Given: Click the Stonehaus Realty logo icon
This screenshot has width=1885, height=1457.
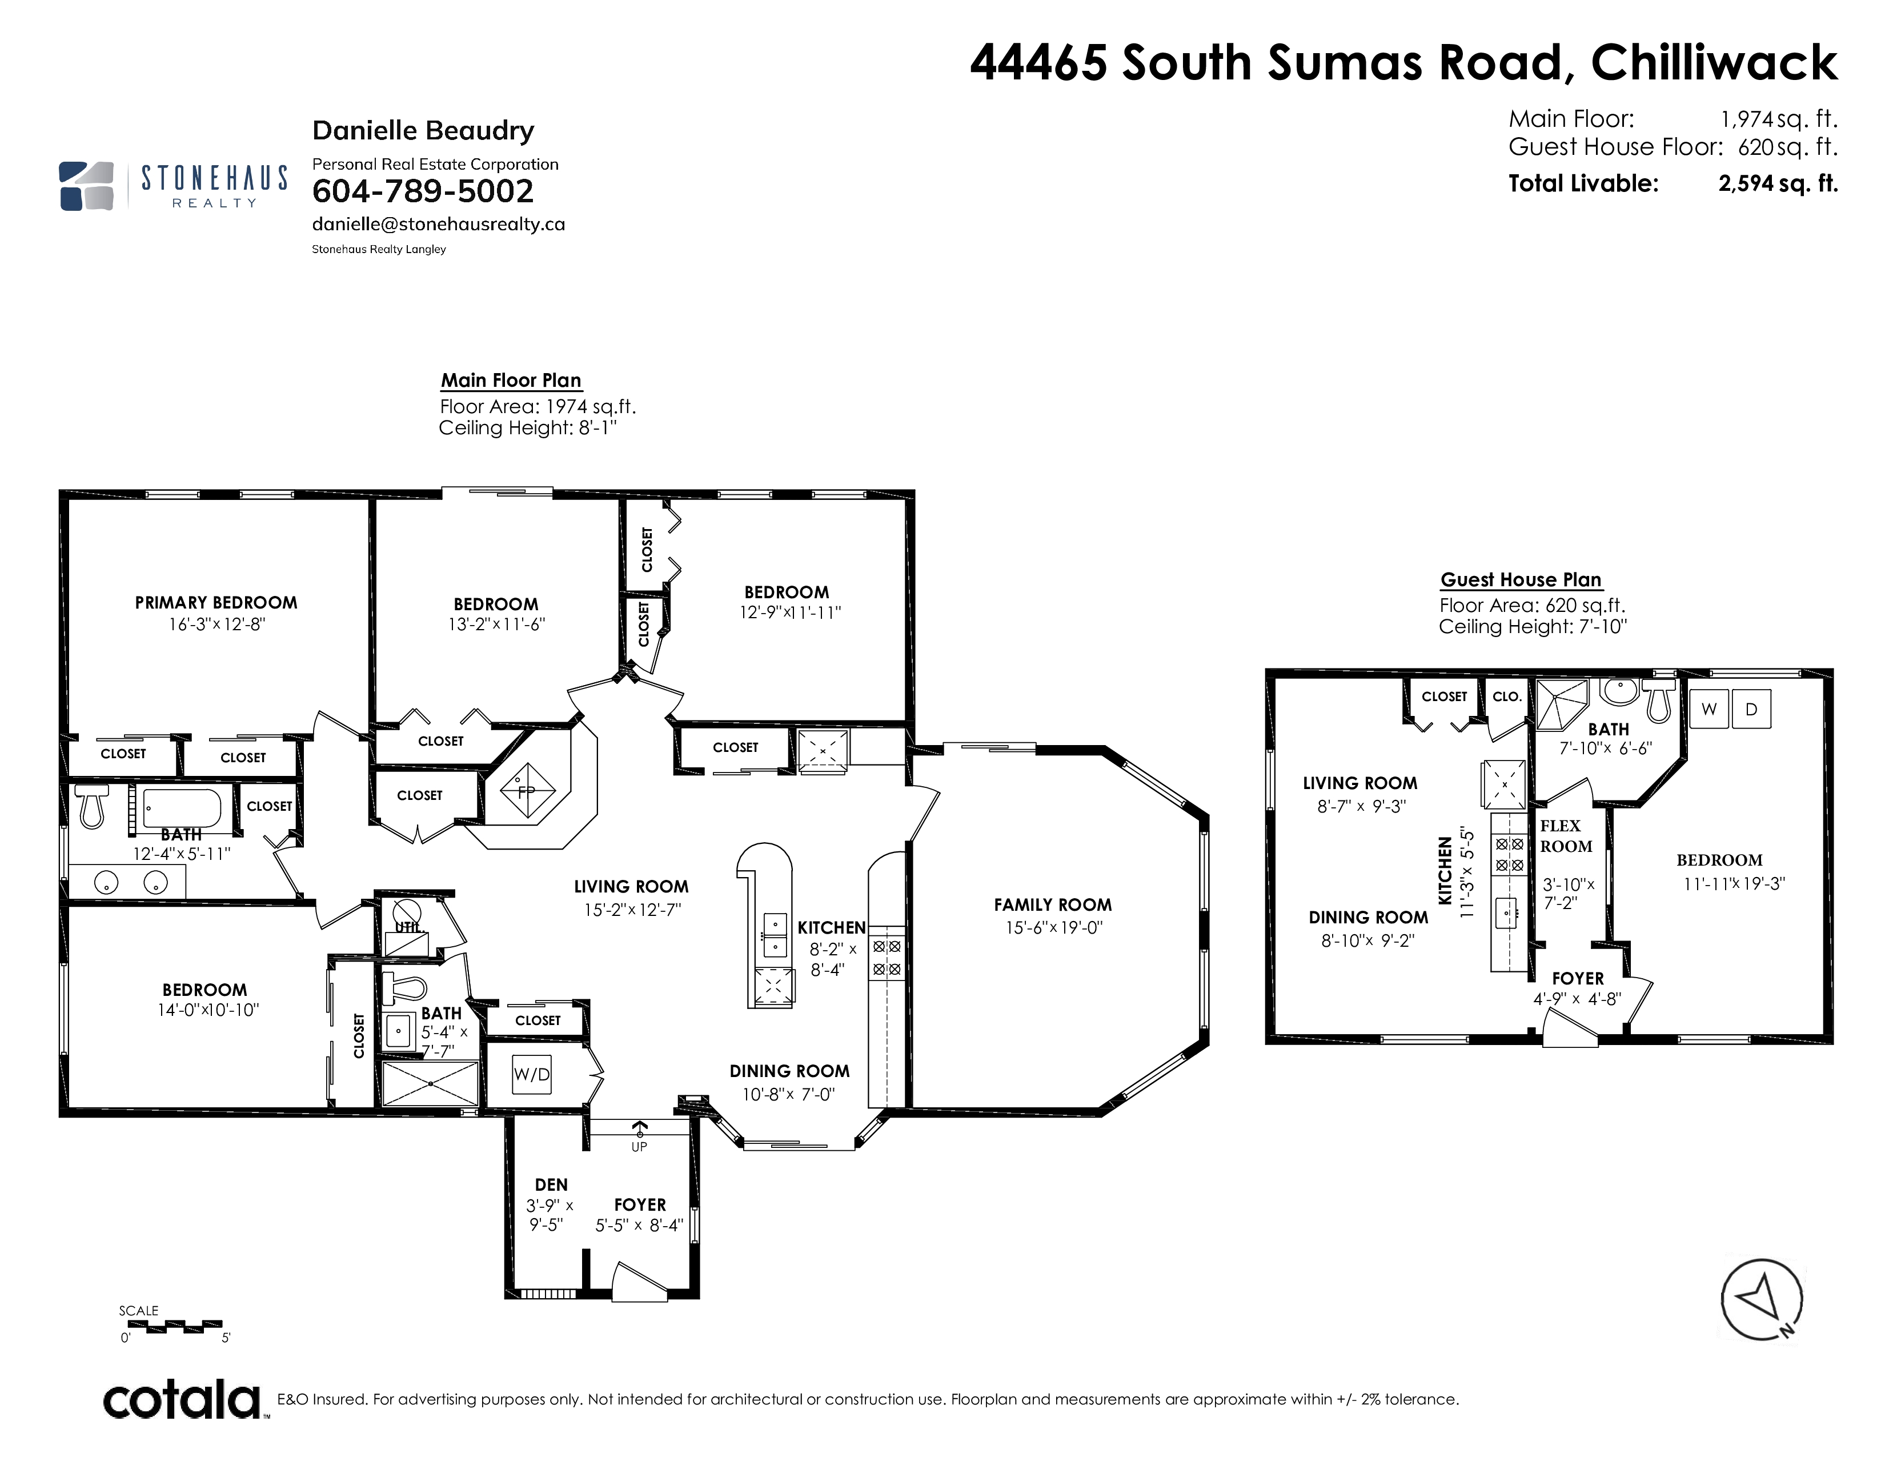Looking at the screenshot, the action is point(86,186).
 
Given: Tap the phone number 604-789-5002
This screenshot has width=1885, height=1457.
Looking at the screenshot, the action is point(423,191).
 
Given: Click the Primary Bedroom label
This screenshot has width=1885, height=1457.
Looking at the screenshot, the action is point(216,602).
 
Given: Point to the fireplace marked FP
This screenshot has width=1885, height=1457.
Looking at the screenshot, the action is point(526,790).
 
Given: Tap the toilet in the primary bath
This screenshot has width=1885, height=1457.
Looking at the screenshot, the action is point(91,805).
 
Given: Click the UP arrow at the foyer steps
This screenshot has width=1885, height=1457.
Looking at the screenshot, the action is point(640,1130).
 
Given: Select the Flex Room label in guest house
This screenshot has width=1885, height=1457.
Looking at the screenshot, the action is point(1566,836).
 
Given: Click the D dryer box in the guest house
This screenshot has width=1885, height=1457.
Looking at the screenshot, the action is point(1751,710).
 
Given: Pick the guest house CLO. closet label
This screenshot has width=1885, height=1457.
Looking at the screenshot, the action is point(1507,697).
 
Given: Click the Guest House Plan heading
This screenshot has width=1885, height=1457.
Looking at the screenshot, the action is point(1521,580).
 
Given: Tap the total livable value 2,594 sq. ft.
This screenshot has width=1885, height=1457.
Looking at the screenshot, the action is point(1778,183).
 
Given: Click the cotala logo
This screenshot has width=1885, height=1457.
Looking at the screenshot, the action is point(183,1399).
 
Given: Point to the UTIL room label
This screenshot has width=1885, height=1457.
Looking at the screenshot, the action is point(407,927).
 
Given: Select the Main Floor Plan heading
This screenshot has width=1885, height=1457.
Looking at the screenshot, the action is point(511,381).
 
